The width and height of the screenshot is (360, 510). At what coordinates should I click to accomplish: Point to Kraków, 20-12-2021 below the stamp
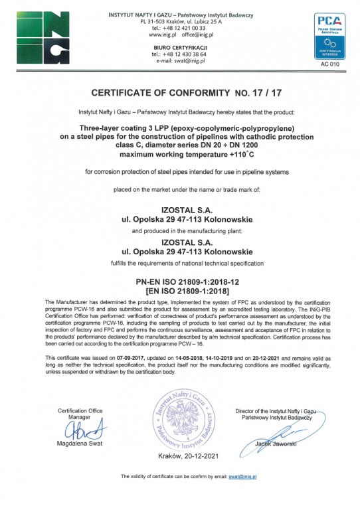pyautogui.click(x=179, y=458)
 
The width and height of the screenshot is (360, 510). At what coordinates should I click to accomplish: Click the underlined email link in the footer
pyautogui.click(x=243, y=477)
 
